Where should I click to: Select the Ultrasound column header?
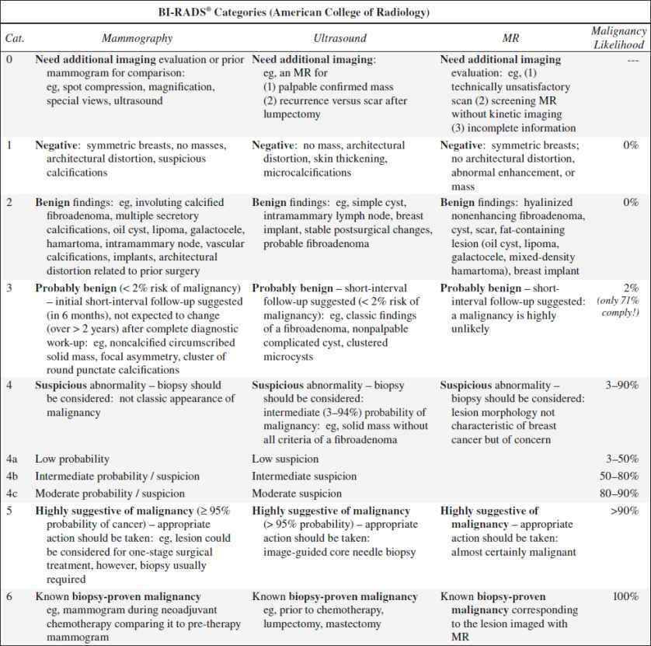pos(340,37)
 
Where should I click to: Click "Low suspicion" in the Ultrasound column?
pos(289,459)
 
